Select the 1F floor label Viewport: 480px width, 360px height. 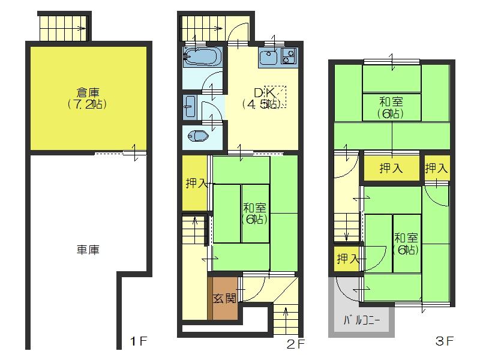[139, 343]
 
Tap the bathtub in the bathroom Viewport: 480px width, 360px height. [203, 58]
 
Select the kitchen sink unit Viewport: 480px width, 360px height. [278, 58]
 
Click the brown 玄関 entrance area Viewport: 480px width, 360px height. [223, 298]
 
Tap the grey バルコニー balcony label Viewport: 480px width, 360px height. [361, 320]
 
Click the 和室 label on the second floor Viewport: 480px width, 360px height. [255, 208]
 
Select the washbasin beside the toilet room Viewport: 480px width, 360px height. [190, 106]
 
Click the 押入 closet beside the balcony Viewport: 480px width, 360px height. [346, 259]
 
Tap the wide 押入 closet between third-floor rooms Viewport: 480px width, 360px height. [391, 169]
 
